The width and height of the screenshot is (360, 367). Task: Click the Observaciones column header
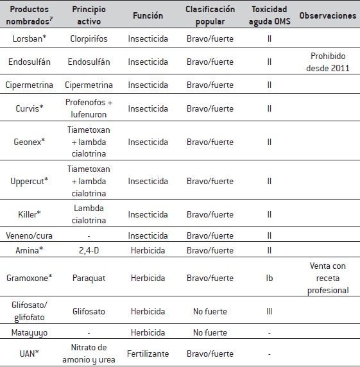point(328,15)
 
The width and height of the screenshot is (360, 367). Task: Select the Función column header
point(148,15)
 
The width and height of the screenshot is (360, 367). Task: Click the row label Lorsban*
point(30,39)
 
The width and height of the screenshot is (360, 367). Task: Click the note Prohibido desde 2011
point(328,62)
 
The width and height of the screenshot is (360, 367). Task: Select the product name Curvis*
point(30,108)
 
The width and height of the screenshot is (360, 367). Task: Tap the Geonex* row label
point(30,142)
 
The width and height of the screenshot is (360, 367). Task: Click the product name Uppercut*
point(30,181)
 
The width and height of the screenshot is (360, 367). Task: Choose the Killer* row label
point(30,214)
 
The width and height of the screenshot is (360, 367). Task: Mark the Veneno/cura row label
point(30,235)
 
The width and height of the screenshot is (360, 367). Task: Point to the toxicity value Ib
point(269,278)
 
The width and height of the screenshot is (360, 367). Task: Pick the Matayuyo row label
point(30,334)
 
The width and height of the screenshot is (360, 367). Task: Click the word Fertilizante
point(148,354)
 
